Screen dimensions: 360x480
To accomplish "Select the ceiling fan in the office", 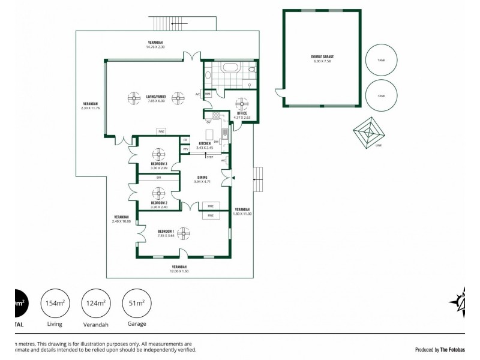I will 243,103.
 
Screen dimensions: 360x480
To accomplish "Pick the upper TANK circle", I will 382,60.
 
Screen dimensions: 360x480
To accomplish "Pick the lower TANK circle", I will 382,95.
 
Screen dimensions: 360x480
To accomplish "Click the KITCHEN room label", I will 205,145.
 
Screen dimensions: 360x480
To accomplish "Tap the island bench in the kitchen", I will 209,133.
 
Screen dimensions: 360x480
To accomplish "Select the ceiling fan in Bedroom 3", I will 158,153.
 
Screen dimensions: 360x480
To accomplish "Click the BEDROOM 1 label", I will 166,232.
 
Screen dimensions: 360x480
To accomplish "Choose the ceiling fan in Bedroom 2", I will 158,193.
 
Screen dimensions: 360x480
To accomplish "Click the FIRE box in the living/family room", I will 161,131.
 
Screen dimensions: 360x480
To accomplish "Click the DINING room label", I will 202,178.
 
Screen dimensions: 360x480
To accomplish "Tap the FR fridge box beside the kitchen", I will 185,140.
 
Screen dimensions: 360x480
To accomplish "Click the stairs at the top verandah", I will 165,23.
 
